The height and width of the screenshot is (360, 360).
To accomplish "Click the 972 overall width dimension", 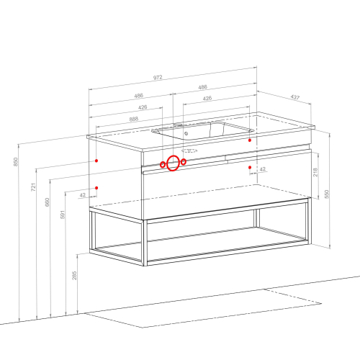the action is (x=158, y=78).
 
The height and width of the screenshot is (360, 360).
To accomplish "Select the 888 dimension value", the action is (x=134, y=119).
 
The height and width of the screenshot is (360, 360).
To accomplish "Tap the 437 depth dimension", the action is (x=295, y=97).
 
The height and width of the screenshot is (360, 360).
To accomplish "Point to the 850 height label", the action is (x=15, y=161).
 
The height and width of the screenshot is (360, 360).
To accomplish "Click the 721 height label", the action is (x=33, y=187).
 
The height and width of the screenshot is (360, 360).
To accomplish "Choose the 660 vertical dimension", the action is (x=47, y=202).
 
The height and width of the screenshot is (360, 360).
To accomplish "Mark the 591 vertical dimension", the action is (x=63, y=215).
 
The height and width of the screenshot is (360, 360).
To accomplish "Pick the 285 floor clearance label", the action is (x=74, y=275).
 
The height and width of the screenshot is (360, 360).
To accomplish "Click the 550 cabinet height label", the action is (x=326, y=194).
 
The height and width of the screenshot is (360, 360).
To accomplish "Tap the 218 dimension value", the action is (x=315, y=172).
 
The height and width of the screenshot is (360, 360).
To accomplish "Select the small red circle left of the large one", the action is (x=163, y=164).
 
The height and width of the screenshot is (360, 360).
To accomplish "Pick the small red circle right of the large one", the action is (x=184, y=162).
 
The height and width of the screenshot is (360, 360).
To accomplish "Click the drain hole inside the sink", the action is (x=186, y=134).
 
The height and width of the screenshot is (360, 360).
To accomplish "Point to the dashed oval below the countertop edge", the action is (x=189, y=150).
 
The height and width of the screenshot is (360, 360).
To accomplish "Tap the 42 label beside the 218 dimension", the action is (x=263, y=169).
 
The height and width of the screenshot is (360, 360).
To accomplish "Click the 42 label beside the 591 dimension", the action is (x=82, y=195).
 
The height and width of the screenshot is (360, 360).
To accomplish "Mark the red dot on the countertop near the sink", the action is (x=250, y=140).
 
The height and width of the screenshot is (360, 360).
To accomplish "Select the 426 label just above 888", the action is (x=143, y=107).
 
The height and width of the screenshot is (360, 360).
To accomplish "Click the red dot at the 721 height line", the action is (x=96, y=161).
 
